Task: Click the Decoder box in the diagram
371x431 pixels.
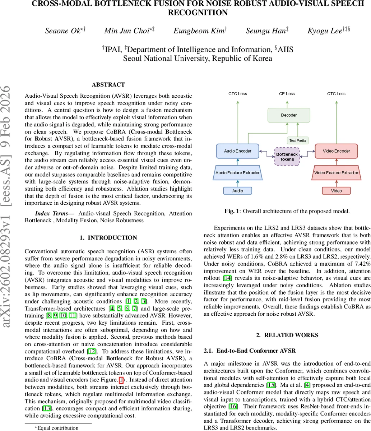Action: click(289, 115)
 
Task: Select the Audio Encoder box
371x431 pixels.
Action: click(237, 151)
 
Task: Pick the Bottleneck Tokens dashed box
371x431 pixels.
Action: click(287, 157)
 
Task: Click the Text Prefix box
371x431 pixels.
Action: click(298, 140)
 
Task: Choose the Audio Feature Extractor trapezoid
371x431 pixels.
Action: click(237, 173)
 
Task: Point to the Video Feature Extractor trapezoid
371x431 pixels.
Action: click(337, 173)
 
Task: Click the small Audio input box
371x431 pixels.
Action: click(237, 191)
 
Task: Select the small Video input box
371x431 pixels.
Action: click(337, 191)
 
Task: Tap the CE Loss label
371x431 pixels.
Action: click(287, 94)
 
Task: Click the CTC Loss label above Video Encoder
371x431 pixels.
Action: click(336, 94)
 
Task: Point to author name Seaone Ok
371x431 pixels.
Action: click(63, 31)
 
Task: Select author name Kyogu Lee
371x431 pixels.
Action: click(325, 31)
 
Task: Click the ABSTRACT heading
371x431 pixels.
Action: click(108, 85)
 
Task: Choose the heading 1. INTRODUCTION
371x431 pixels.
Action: click(108, 238)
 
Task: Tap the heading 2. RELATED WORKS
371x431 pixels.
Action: click(287, 335)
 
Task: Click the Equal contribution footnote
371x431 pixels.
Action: click(56, 428)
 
